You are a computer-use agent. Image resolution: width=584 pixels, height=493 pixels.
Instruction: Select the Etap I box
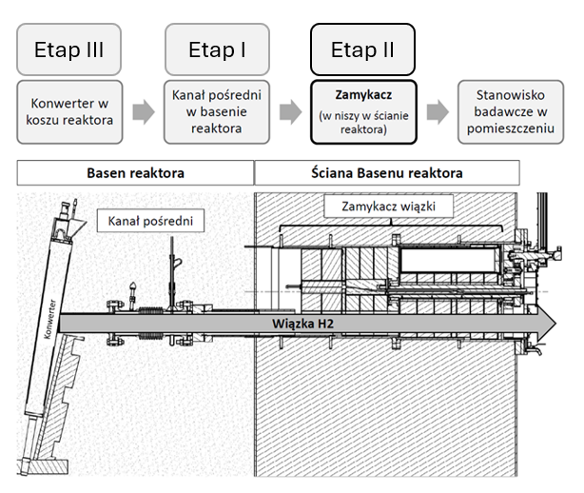[215, 49]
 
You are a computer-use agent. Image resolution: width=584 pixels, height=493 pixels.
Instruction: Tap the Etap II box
[362, 49]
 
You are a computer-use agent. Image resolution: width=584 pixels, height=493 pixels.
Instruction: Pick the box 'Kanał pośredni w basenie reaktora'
[215, 112]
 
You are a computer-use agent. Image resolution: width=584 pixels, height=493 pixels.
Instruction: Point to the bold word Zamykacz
[362, 97]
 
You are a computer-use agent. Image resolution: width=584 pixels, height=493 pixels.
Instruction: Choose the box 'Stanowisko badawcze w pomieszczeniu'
[510, 112]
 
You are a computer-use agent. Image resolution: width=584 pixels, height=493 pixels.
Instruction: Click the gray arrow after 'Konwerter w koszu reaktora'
[143, 113]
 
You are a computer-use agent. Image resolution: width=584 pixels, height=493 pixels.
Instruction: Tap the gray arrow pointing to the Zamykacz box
[289, 113]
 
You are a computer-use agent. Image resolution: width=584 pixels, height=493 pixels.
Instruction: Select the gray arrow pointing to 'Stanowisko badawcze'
[437, 113]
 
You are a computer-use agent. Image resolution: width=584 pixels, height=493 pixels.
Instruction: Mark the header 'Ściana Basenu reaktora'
[387, 172]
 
